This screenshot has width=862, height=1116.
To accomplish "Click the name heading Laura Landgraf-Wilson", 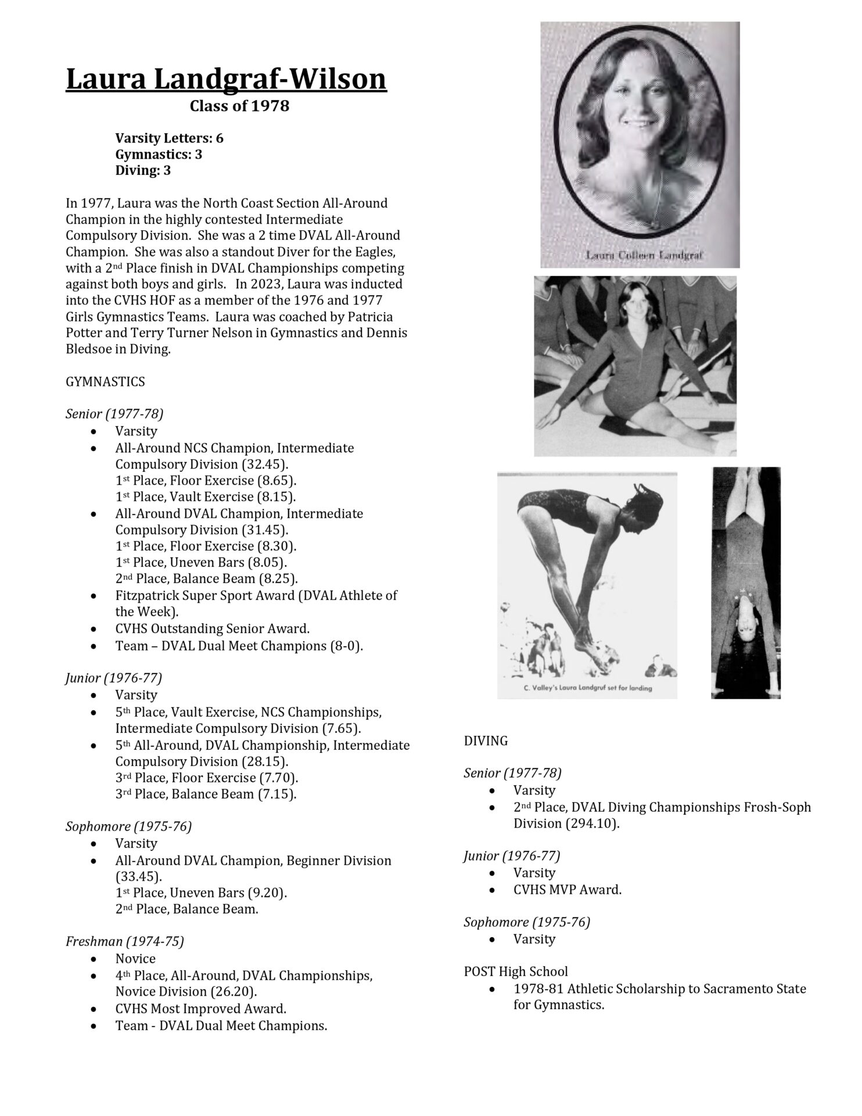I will [226, 79].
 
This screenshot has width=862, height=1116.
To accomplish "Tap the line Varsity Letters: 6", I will [169, 138].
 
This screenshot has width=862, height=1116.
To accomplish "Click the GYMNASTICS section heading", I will [105, 382].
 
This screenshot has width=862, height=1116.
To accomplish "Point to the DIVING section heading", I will [486, 741].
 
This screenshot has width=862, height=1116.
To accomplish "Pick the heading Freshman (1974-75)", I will [124, 942].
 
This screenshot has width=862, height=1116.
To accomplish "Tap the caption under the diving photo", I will [587, 688].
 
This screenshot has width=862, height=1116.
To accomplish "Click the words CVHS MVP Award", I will [567, 890].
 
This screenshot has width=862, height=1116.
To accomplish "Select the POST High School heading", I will [516, 971].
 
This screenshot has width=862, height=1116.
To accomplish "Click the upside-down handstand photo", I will [746, 582].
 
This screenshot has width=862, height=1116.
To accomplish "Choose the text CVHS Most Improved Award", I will [200, 1009].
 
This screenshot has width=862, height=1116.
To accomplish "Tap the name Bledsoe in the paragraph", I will [89, 350].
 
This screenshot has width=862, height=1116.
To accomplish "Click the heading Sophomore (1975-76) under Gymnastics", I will [128, 827].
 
